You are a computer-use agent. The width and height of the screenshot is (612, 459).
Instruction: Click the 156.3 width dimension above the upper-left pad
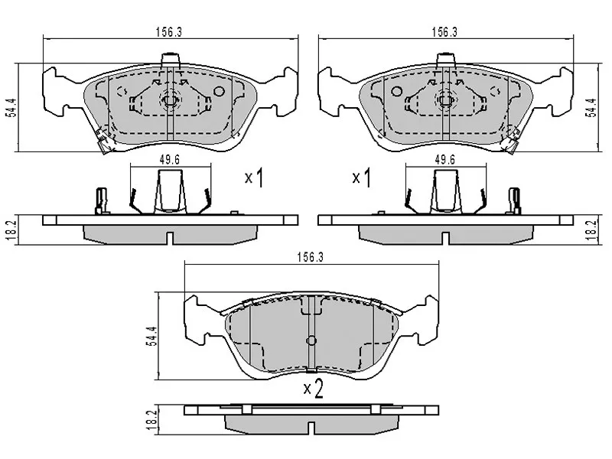[169, 32]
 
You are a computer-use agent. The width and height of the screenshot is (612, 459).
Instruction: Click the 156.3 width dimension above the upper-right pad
[444, 32]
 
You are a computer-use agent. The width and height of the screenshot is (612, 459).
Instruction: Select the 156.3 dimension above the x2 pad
[311, 259]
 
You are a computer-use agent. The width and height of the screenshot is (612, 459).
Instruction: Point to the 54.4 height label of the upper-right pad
[590, 110]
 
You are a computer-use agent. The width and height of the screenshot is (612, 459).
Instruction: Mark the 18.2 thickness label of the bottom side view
[151, 418]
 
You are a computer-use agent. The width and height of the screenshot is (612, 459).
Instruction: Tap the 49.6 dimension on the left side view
[169, 160]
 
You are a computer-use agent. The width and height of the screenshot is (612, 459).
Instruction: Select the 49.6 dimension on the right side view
[445, 160]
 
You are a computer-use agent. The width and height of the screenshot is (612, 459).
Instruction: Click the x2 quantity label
[314, 389]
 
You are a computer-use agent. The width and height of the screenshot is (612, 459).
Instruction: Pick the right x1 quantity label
[361, 179]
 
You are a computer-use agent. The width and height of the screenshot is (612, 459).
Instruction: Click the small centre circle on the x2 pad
[311, 341]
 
